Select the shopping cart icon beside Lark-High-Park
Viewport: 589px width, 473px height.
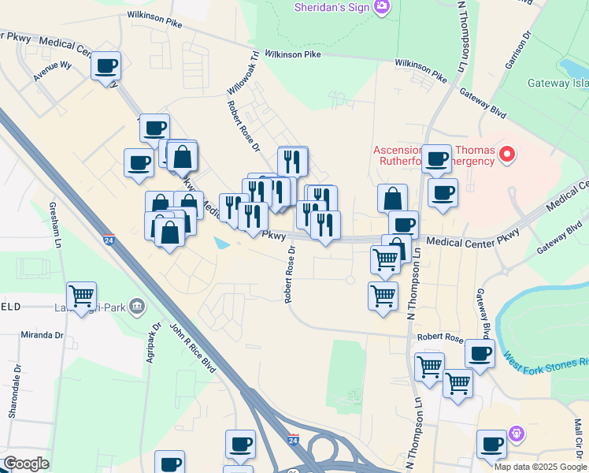tap(82, 296)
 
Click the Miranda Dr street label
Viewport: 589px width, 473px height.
tap(43, 335)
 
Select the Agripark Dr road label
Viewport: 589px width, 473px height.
tap(156, 341)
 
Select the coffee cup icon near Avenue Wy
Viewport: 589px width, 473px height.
tap(106, 65)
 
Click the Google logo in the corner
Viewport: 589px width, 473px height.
tap(27, 464)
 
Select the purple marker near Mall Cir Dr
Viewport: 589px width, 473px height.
tap(517, 433)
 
